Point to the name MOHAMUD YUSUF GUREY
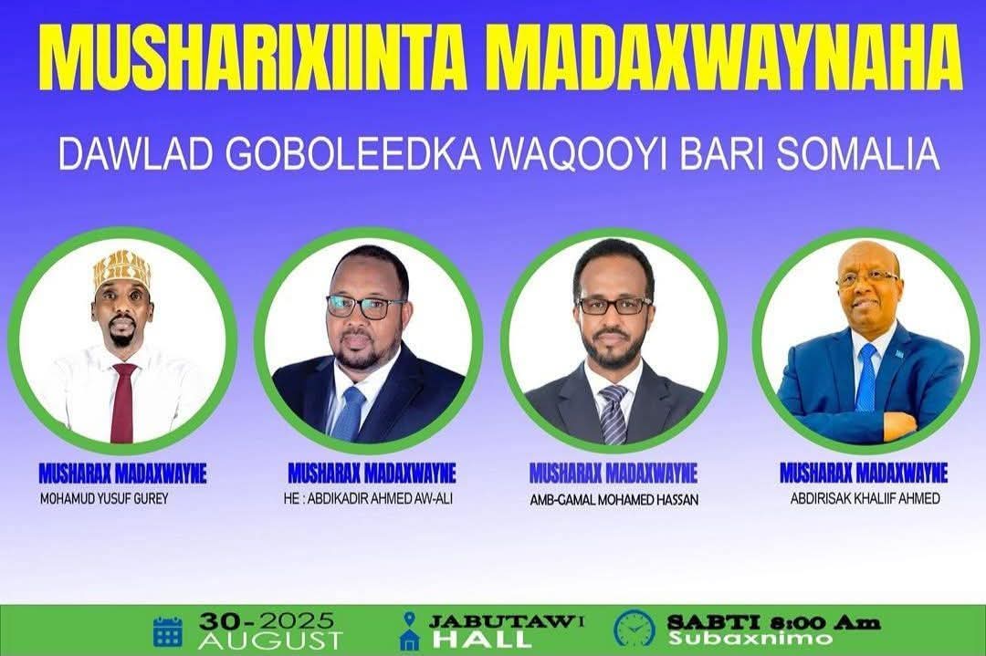[x=104, y=499]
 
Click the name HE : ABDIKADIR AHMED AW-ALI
[x=368, y=499]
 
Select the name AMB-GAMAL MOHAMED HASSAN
[x=614, y=500]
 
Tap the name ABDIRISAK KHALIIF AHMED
[x=865, y=498]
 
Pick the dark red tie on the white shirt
[x=122, y=402]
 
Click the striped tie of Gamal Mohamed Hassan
[x=613, y=415]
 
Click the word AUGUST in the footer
[x=269, y=640]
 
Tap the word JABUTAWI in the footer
[x=507, y=621]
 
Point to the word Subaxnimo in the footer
[x=750, y=639]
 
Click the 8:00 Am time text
[x=825, y=622]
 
